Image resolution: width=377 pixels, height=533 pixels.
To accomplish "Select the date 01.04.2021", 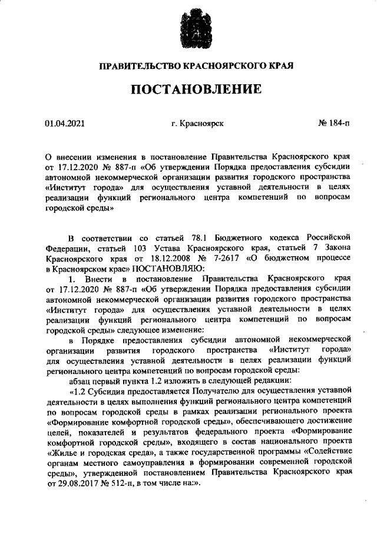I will (65, 124).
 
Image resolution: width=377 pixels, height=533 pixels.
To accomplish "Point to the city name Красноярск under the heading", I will (201, 124).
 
